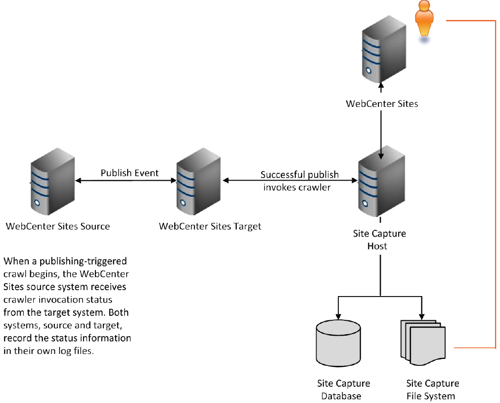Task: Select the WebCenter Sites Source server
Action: [52, 181]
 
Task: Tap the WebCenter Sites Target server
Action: [198, 181]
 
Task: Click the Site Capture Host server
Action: [381, 181]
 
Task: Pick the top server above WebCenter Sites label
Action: [384, 49]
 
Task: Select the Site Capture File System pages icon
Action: [423, 343]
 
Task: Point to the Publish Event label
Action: [130, 173]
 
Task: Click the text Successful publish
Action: [299, 175]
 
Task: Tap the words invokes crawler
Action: [297, 187]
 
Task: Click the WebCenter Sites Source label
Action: [58, 226]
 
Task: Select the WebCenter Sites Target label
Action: [210, 226]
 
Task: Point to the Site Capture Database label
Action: [343, 390]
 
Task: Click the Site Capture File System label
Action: [432, 390]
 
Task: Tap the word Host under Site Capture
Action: [377, 246]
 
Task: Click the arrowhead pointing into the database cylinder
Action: [338, 316]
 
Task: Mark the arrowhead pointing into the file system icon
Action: [421, 316]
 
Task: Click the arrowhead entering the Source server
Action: [78, 180]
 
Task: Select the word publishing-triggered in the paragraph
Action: [83, 261]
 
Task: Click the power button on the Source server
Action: [37, 203]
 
